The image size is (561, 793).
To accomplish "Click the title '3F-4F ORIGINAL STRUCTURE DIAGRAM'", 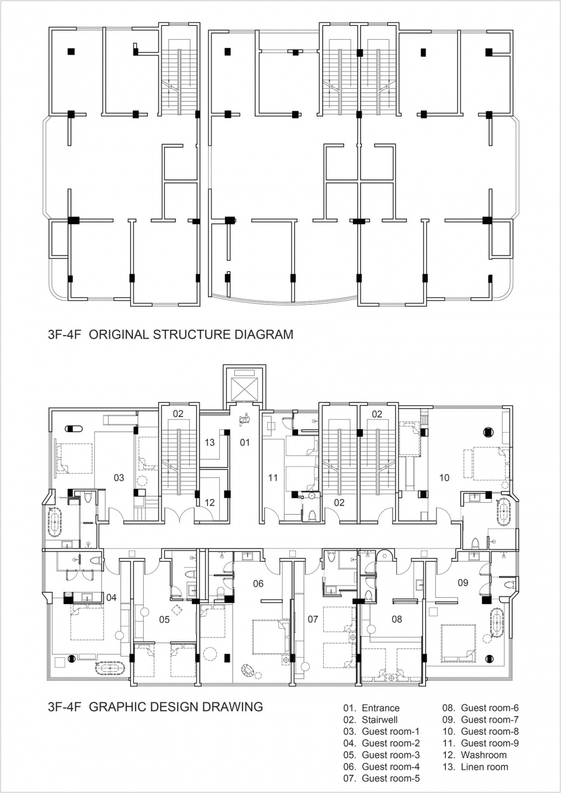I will pyautogui.click(x=170, y=335).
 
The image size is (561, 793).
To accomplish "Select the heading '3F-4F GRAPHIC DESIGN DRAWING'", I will pyautogui.click(x=155, y=706).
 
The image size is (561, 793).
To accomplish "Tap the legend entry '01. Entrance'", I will pyautogui.click(x=371, y=708).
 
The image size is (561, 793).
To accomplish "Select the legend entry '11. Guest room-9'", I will pyautogui.click(x=480, y=743).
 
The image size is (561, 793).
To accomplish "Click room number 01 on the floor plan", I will pyautogui.click(x=245, y=442).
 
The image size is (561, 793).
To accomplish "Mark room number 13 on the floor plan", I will pyautogui.click(x=210, y=442).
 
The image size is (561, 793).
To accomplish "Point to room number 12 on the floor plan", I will pyautogui.click(x=210, y=502).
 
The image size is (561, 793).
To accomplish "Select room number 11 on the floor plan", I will pyautogui.click(x=273, y=478).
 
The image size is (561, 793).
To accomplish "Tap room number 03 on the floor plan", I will pyautogui.click(x=119, y=478).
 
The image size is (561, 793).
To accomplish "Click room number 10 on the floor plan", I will pyautogui.click(x=444, y=478).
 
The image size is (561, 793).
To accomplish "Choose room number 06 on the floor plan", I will pyautogui.click(x=258, y=584).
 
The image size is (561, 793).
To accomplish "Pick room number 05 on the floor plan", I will pyautogui.click(x=164, y=619).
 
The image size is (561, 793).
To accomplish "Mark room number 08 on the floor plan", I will pyautogui.click(x=397, y=619).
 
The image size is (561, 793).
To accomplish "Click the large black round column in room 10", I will pyautogui.click(x=487, y=433).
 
